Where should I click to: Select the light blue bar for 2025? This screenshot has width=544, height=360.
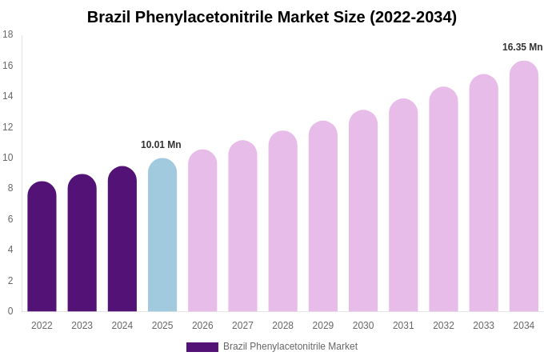[162, 235]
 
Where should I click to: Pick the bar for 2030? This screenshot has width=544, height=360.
[363, 211]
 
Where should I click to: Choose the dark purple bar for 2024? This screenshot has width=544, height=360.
[122, 239]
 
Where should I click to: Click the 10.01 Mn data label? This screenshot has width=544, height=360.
[161, 145]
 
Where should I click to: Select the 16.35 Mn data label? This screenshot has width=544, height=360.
[522, 47]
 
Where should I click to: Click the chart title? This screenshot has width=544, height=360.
[272, 17]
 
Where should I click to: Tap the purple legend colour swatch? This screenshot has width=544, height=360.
[202, 347]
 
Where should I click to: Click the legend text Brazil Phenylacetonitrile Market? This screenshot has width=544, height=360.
[290, 346]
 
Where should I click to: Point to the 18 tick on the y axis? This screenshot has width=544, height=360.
[8, 34]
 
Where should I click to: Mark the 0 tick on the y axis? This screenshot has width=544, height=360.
[10, 311]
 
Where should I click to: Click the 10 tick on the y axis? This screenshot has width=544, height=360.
[8, 158]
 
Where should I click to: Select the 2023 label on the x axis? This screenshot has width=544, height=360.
[82, 326]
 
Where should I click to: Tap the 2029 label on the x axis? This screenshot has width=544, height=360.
[323, 326]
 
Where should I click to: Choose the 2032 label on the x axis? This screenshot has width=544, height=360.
[443, 326]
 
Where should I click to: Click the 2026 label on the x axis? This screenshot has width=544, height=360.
[202, 326]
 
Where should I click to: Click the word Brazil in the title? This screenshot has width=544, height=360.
[108, 17]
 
